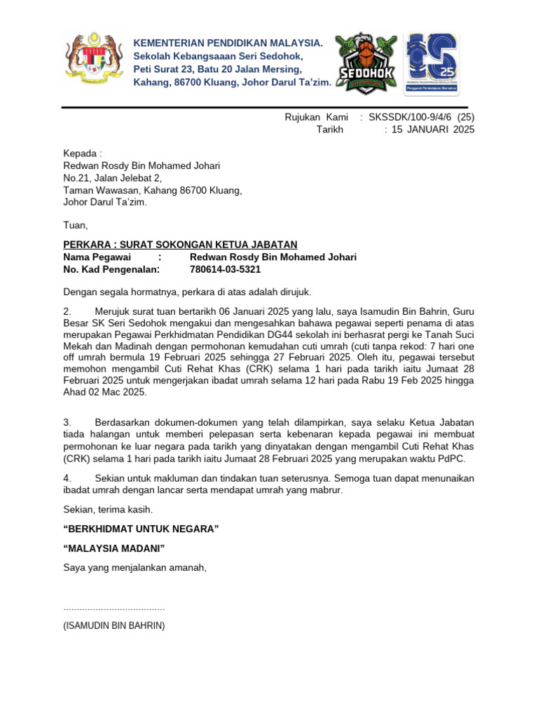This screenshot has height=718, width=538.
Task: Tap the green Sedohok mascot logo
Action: click(366, 62)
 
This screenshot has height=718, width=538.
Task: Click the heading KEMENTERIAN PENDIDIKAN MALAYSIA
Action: click(228, 43)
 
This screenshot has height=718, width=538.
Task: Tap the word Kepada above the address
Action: click(80, 154)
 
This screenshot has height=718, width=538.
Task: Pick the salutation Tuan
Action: click(76, 225)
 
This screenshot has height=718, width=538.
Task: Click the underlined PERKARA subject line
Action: click(180, 245)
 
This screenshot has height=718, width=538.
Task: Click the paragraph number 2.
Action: click(67, 311)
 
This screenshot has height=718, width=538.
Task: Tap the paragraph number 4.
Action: click(67, 478)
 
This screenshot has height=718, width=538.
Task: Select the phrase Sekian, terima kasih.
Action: click(108, 509)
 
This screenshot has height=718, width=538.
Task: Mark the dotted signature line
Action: click(114, 608)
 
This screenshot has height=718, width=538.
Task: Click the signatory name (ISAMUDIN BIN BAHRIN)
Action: click(114, 625)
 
